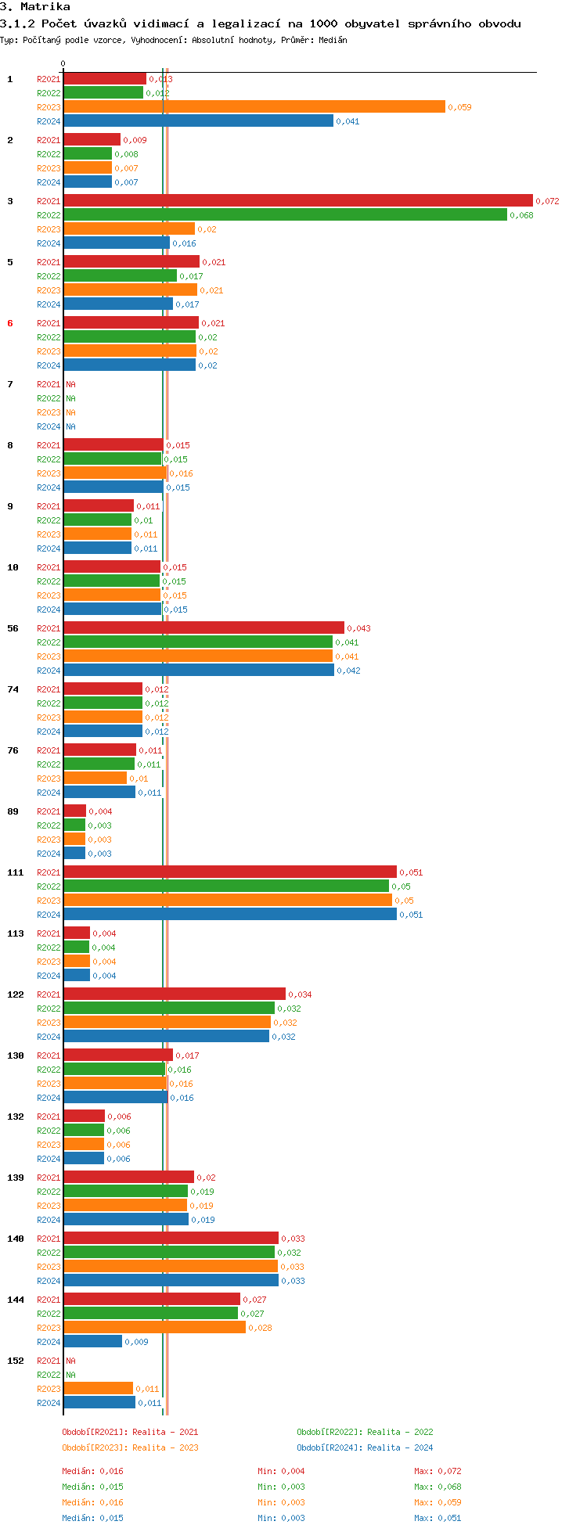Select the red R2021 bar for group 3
point(297,201)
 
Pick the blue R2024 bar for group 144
point(92,1342)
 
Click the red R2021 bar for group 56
point(203,628)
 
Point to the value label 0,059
point(459,107)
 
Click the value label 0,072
point(547,201)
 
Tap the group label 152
point(16,1361)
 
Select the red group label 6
point(10,323)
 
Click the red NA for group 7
point(70,384)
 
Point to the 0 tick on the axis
point(63,64)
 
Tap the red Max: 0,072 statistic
point(438,1471)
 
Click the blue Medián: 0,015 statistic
point(92,1518)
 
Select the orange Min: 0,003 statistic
point(281,1502)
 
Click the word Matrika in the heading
point(45,7)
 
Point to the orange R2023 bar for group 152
point(98,1389)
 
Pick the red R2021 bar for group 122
point(175,994)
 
